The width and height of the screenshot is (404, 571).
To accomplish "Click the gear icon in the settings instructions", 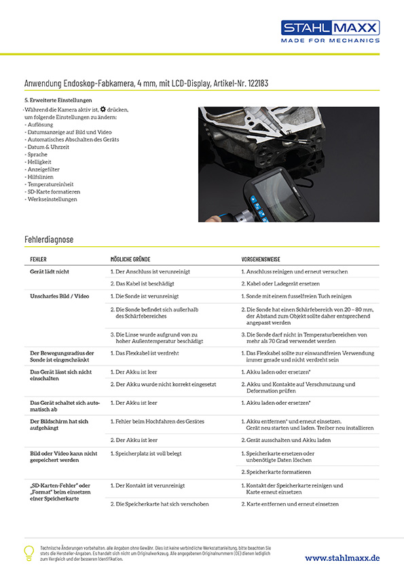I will tap(103, 109).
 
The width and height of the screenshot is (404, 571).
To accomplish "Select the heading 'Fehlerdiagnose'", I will tap(49, 239).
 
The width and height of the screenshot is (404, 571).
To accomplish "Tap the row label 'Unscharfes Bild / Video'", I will tap(60, 296).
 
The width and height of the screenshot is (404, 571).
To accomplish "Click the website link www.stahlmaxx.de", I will tap(342, 557).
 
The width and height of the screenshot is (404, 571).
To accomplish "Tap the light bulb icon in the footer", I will tap(29, 552).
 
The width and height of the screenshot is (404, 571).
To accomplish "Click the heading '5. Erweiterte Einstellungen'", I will tap(58, 100).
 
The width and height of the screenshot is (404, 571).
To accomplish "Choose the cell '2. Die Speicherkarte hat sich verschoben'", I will tap(159, 504).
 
